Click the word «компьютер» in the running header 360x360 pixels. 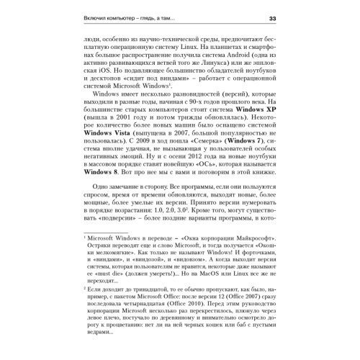point(121,18)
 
